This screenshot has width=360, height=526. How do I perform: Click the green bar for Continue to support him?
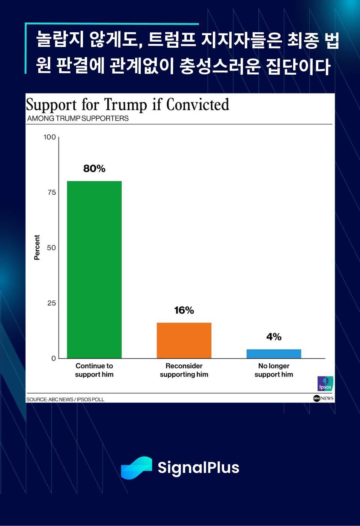point(94,270)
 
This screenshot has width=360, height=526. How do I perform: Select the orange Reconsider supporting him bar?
point(184,340)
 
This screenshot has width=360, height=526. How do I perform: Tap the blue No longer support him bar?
point(274,354)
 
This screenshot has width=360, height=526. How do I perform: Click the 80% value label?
point(94,169)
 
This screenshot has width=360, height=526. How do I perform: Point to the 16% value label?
point(184,310)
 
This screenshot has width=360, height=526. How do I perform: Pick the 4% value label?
point(274,337)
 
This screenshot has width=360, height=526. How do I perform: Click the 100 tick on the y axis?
point(50,137)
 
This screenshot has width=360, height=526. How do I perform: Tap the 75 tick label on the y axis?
point(51,193)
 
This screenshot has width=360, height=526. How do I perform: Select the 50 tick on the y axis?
point(51,248)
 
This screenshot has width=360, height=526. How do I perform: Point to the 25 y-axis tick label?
point(51,303)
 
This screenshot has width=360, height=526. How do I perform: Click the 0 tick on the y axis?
point(53,359)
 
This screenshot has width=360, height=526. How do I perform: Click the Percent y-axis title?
point(37,247)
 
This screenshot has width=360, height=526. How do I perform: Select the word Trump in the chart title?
point(125,105)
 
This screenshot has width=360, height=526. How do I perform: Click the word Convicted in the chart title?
point(197,105)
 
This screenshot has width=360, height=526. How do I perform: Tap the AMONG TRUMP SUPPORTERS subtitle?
point(78,118)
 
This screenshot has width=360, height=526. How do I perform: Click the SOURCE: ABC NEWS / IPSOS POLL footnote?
point(65,399)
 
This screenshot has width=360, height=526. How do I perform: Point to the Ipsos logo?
point(325,383)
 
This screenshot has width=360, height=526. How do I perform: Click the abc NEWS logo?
point(323,398)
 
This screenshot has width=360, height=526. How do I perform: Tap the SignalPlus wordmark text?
point(198,468)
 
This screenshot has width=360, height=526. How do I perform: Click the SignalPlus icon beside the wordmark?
point(136,468)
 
